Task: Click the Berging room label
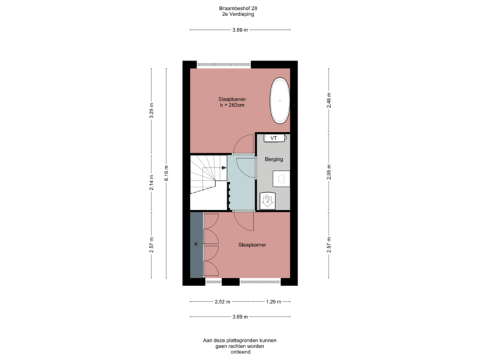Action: click(274, 160)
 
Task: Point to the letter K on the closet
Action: click(196, 245)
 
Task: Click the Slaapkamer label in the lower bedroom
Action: click(252, 245)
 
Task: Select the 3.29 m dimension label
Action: click(152, 109)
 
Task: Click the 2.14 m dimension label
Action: click(152, 182)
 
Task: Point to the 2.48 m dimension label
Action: click(328, 100)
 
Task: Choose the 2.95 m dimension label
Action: click(328, 172)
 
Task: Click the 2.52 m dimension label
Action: click(222, 302)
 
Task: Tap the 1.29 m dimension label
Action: click(272, 302)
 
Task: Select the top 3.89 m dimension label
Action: click(240, 30)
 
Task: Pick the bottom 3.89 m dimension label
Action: click(240, 317)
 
